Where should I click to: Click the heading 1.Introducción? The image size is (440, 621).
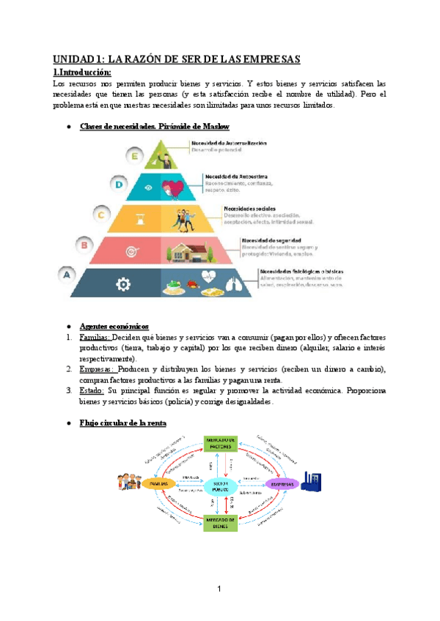click(x=83, y=72)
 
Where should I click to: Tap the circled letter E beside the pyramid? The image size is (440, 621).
click(x=133, y=155)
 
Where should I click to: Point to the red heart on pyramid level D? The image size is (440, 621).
click(x=172, y=186)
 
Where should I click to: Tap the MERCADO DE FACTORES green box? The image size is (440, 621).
click(x=221, y=443)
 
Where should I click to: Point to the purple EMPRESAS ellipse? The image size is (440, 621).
click(x=281, y=484)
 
